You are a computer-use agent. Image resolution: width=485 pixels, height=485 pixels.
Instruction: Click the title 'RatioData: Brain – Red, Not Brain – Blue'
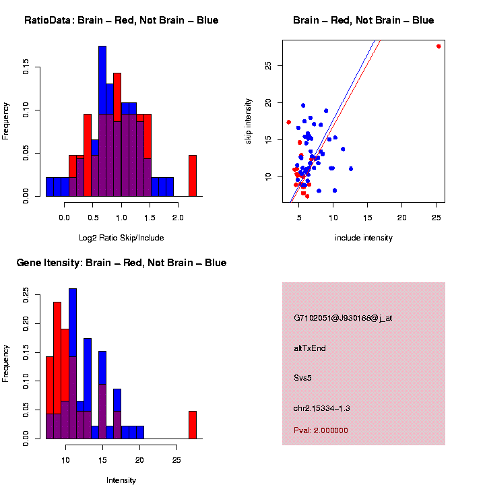pos(121,21)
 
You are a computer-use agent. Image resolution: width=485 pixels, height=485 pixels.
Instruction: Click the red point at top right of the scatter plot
pos(439,46)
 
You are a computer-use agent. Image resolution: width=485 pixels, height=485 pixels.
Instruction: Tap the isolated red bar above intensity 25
pos(193,424)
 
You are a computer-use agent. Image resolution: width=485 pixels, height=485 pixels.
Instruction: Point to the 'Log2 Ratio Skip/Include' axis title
pos(121,238)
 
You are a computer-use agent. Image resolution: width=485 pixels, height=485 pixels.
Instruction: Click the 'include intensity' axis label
pos(364,238)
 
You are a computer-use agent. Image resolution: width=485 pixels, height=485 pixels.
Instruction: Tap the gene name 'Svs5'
pos(303,378)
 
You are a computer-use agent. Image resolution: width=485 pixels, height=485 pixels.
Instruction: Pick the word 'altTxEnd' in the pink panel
pos(310,348)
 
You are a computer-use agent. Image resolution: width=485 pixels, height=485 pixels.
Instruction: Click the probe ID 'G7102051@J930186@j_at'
pos(343,318)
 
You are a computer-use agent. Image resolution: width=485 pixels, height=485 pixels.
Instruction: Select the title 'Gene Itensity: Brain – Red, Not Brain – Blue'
pos(121,263)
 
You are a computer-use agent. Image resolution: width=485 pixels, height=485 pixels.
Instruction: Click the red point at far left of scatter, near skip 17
pos(288,122)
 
